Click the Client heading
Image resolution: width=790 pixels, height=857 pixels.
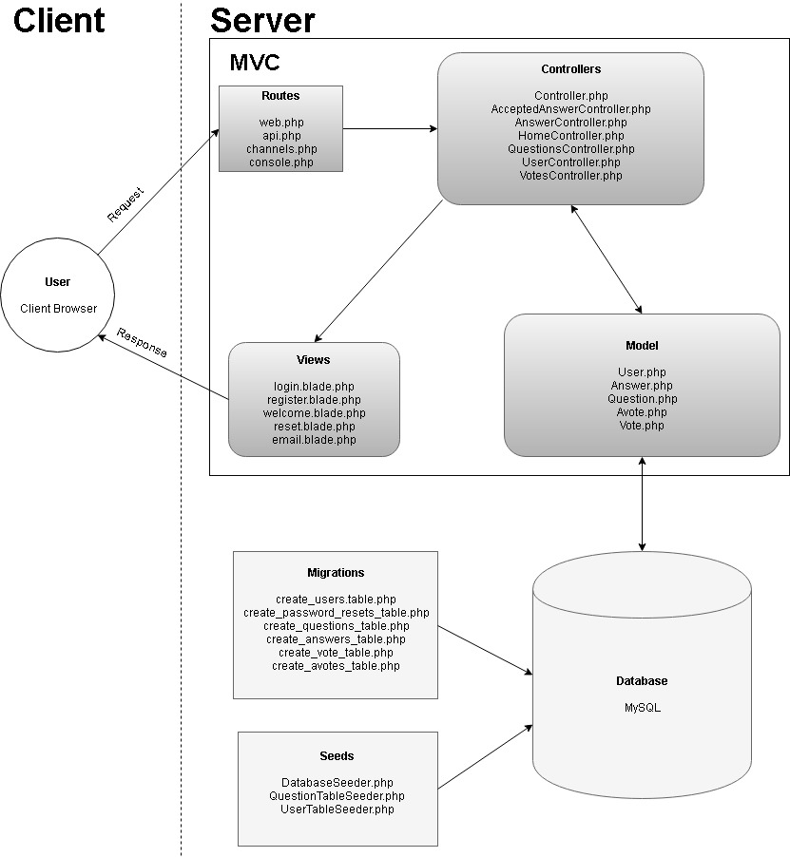click(59, 20)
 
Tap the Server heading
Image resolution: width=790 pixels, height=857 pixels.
click(262, 20)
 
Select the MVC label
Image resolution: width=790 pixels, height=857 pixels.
click(255, 63)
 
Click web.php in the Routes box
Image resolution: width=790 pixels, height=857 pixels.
click(280, 123)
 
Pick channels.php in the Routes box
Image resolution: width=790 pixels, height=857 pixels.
click(280, 149)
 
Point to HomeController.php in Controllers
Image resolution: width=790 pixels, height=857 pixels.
click(570, 136)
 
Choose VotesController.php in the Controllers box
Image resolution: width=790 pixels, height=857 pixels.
click(570, 176)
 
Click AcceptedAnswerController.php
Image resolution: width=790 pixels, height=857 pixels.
click(570, 109)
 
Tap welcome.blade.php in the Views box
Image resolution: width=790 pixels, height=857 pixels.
click(314, 413)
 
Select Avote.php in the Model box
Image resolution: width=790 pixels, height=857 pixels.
click(642, 412)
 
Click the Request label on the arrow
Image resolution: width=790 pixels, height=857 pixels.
click(126, 204)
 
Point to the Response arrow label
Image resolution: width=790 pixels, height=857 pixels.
click(142, 343)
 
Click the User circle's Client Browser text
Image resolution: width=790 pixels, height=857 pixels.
click(58, 308)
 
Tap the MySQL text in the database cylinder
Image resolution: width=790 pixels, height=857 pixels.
click(642, 707)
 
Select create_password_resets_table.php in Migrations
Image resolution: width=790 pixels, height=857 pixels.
click(336, 613)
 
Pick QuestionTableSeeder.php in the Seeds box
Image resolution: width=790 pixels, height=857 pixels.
click(337, 795)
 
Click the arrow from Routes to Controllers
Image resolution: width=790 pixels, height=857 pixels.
click(390, 128)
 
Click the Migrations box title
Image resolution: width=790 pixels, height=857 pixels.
click(336, 573)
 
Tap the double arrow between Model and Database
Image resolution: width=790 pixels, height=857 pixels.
click(644, 504)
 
